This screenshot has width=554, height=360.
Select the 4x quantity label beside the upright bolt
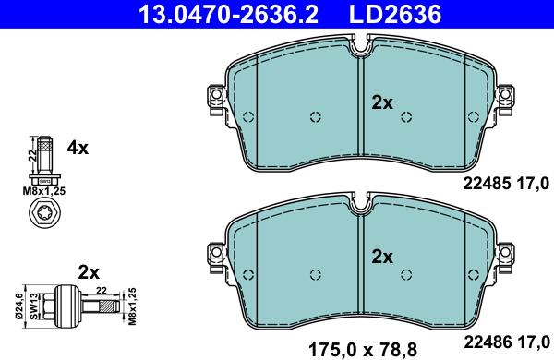pyautogui.click(x=77, y=148)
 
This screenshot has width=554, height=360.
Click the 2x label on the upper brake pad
pyautogui.click(x=382, y=102)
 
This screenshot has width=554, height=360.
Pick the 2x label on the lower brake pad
pyautogui.click(x=382, y=256)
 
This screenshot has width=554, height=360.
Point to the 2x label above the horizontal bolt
pyautogui.click(x=89, y=271)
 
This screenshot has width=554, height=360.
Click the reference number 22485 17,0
pyautogui.click(x=505, y=181)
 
